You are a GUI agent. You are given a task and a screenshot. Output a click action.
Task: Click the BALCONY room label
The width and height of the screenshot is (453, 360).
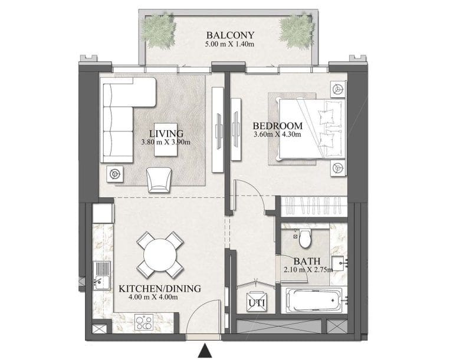(226, 34)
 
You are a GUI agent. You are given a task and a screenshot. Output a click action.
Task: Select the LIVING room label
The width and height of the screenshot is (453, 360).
(166, 133)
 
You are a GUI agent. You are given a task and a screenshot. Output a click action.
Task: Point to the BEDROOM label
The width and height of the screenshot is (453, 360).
(277, 125)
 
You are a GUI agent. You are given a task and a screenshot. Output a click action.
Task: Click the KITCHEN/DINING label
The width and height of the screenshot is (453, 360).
(160, 289)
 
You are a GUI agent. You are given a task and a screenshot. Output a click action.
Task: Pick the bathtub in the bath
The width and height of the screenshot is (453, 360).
(313, 302)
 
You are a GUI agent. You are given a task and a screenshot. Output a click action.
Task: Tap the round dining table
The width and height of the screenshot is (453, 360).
(159, 255)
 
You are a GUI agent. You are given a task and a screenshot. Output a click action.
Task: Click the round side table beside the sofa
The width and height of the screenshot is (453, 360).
(116, 173)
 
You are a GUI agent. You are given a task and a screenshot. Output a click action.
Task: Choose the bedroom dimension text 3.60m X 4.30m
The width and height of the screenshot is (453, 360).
(277, 134)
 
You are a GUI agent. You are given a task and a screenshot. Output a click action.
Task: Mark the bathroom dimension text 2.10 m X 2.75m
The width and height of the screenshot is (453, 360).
(308, 270)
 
